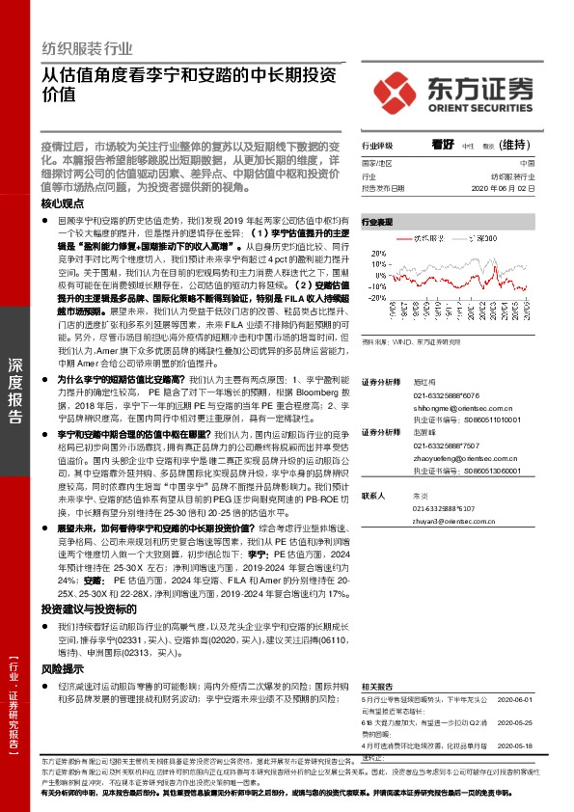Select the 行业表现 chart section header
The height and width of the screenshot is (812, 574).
[x=377, y=222]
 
